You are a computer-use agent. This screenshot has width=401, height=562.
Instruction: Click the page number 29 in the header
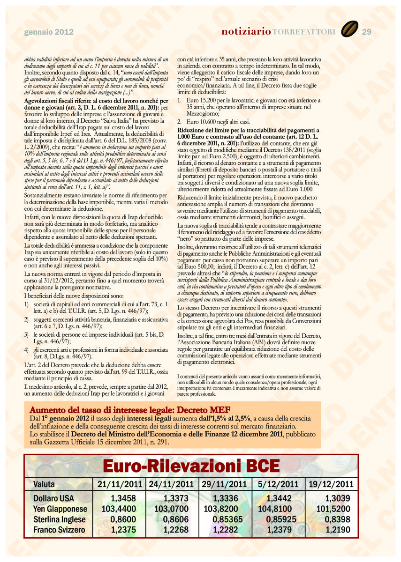[367, 32]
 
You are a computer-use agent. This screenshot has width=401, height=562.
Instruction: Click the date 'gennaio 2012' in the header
[49, 32]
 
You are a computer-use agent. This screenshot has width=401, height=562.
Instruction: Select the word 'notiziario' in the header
[246, 32]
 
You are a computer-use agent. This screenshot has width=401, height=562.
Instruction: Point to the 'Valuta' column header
[44, 484]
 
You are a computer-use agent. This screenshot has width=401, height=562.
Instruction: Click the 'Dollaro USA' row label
[54, 498]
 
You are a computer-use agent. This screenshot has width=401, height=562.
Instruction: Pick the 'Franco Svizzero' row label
[60, 530]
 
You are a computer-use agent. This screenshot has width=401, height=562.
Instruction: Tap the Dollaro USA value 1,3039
[338, 498]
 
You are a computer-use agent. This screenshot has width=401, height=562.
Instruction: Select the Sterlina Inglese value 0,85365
[228, 519]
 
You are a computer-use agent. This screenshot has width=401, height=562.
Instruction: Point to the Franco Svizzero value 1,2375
[123, 530]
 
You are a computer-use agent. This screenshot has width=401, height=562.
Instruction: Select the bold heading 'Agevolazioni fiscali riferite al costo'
[96, 101]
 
